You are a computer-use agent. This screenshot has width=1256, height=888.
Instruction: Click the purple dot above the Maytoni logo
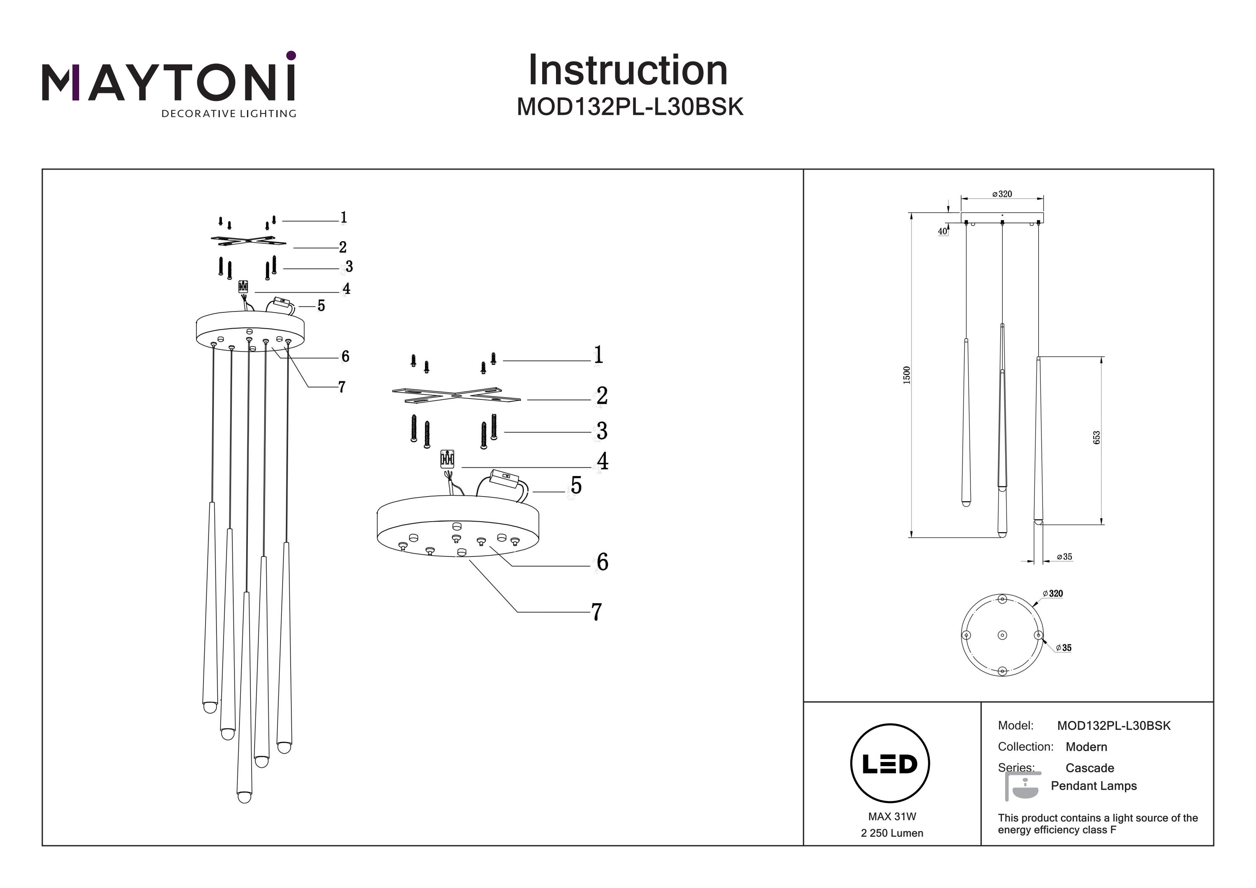[x=291, y=55]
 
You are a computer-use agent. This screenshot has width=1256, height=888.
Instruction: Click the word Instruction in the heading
[x=628, y=71]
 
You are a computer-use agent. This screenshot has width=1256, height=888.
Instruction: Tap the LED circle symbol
[x=890, y=764]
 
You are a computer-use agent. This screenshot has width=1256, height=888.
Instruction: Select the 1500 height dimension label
[x=906, y=375]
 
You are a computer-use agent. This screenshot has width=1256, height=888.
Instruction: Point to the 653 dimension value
[x=1096, y=438]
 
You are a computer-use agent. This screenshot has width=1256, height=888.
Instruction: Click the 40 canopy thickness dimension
[x=942, y=232]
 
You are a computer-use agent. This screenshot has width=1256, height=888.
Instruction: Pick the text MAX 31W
[x=892, y=817]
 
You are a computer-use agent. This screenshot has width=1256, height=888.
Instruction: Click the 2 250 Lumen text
[x=892, y=833]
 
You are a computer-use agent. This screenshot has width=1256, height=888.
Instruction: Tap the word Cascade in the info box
[x=1090, y=768]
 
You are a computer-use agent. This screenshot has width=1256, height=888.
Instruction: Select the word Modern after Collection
[x=1086, y=747]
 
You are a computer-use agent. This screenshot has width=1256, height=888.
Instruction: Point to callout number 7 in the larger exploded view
[x=597, y=612]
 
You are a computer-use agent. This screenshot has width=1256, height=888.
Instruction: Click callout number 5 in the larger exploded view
[x=576, y=485]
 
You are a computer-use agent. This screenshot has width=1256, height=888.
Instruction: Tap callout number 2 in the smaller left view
[x=342, y=247]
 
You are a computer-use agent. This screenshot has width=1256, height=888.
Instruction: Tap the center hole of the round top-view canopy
[x=1002, y=635]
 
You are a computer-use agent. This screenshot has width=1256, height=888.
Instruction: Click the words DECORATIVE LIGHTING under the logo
[x=229, y=114]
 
